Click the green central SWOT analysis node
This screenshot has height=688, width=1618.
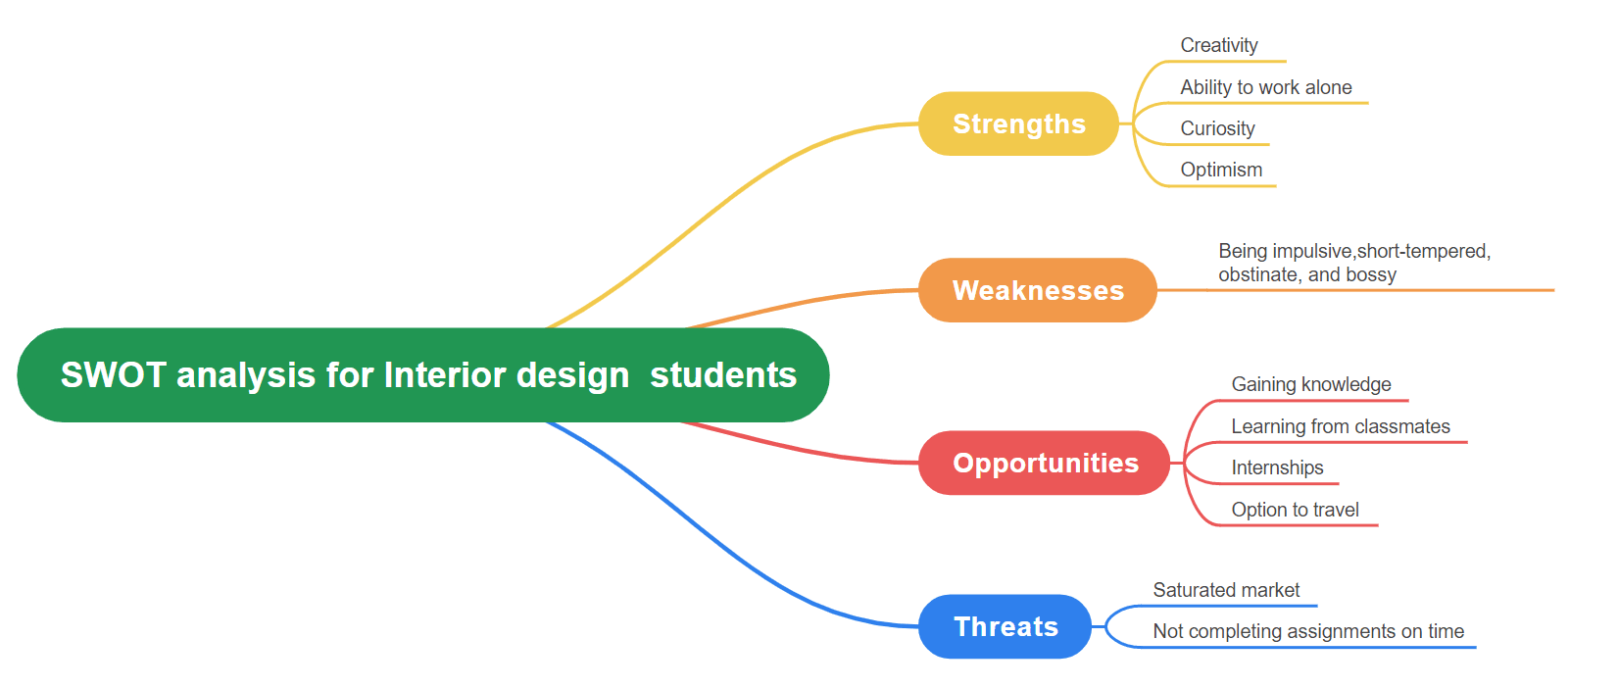(423, 375)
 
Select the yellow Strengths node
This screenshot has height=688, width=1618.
(1018, 123)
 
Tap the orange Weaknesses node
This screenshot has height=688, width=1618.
(1038, 290)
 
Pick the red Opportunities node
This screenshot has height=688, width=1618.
(1045, 463)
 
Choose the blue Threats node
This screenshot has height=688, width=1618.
(1005, 626)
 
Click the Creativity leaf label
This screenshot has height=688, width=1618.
(1219, 45)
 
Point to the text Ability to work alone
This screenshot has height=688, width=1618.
(1266, 87)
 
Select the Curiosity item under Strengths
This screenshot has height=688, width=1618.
(1218, 128)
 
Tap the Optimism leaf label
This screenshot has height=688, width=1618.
(1221, 170)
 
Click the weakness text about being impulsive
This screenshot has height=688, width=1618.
(1354, 263)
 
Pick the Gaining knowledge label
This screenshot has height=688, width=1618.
(1311, 384)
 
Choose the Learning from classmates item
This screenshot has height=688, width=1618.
(1341, 426)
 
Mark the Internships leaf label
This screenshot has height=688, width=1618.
(1277, 467)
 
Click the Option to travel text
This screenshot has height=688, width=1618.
(1296, 510)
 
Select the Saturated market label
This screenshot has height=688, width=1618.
(1226, 590)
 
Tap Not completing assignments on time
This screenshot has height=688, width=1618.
(1308, 631)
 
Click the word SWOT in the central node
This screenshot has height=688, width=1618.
(114, 375)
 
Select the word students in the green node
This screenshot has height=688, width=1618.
(723, 375)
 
